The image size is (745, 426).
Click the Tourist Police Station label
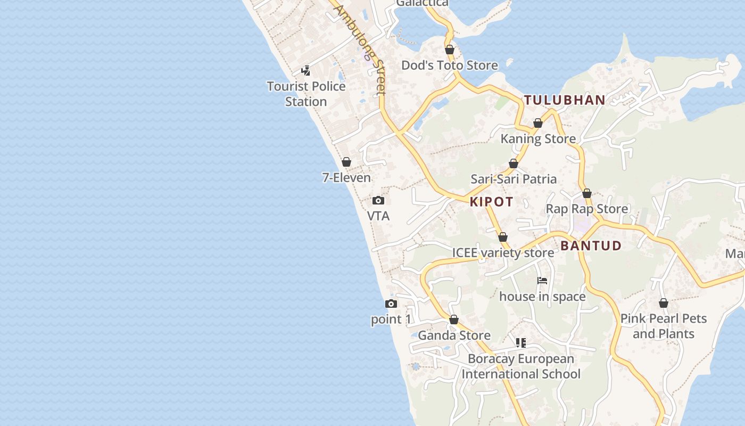pyautogui.click(x=306, y=94)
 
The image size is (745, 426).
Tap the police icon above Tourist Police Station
pyautogui.click(x=306, y=70)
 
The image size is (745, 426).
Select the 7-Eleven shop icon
pyautogui.click(x=346, y=162)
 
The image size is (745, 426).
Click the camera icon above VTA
pyautogui.click(x=378, y=201)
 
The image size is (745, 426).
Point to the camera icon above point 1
pyautogui.click(x=391, y=304)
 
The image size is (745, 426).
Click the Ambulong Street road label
pyautogui.click(x=360, y=51)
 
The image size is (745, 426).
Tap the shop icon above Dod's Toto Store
pyautogui.click(x=450, y=50)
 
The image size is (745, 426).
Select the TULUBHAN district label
pyautogui.click(x=565, y=100)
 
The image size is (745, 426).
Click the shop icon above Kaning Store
pyautogui.click(x=538, y=124)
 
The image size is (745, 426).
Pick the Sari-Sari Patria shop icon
pyautogui.click(x=514, y=163)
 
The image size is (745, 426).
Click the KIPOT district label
pyautogui.click(x=492, y=202)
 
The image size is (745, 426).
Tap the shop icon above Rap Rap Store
pyautogui.click(x=587, y=193)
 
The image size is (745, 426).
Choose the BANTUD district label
pyautogui.click(x=591, y=245)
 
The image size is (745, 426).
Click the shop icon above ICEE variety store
pyautogui.click(x=503, y=237)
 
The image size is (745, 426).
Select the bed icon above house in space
pyautogui.click(x=542, y=281)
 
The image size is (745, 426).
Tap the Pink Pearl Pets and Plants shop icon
pyautogui.click(x=664, y=303)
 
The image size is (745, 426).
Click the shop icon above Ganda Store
pyautogui.click(x=454, y=319)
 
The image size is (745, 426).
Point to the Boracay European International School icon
pyautogui.click(x=521, y=343)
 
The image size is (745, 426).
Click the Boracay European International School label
pyautogui.click(x=521, y=366)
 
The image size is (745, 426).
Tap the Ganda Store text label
pyautogui.click(x=454, y=335)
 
